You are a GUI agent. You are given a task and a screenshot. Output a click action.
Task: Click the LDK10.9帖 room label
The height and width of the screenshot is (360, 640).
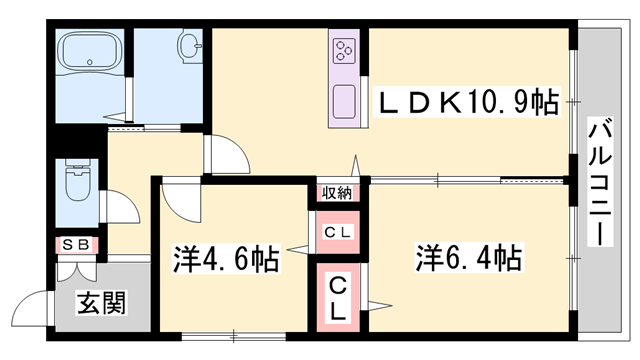tap(466, 102)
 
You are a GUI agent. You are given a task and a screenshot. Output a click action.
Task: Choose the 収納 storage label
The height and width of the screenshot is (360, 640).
tap(337, 193)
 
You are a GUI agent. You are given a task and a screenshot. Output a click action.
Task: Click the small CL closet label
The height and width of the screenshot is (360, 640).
tap(337, 232)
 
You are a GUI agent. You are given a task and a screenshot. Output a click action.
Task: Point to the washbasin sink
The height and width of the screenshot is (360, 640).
tap(189, 45)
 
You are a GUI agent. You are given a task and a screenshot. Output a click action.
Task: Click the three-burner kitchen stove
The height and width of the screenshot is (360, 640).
tap(347, 50)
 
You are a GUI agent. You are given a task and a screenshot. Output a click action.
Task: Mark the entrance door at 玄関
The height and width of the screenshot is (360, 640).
tap(40, 300)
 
